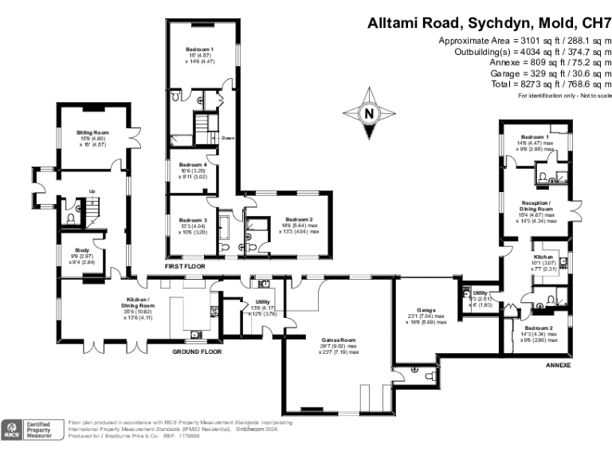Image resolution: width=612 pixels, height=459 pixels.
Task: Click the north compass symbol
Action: click(368, 114)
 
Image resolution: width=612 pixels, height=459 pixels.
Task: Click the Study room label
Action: click(82, 249)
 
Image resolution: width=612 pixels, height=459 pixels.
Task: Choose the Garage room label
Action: click(424, 309)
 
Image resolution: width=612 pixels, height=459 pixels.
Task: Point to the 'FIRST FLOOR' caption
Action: click(185, 265)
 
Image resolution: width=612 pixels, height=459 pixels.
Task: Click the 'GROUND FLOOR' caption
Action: click(196, 351)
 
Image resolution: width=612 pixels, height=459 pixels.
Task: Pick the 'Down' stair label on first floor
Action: click(227, 138)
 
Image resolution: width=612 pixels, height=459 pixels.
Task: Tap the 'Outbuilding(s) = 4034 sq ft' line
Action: click(521, 51)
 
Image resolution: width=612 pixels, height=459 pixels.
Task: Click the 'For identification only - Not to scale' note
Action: click(563, 96)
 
